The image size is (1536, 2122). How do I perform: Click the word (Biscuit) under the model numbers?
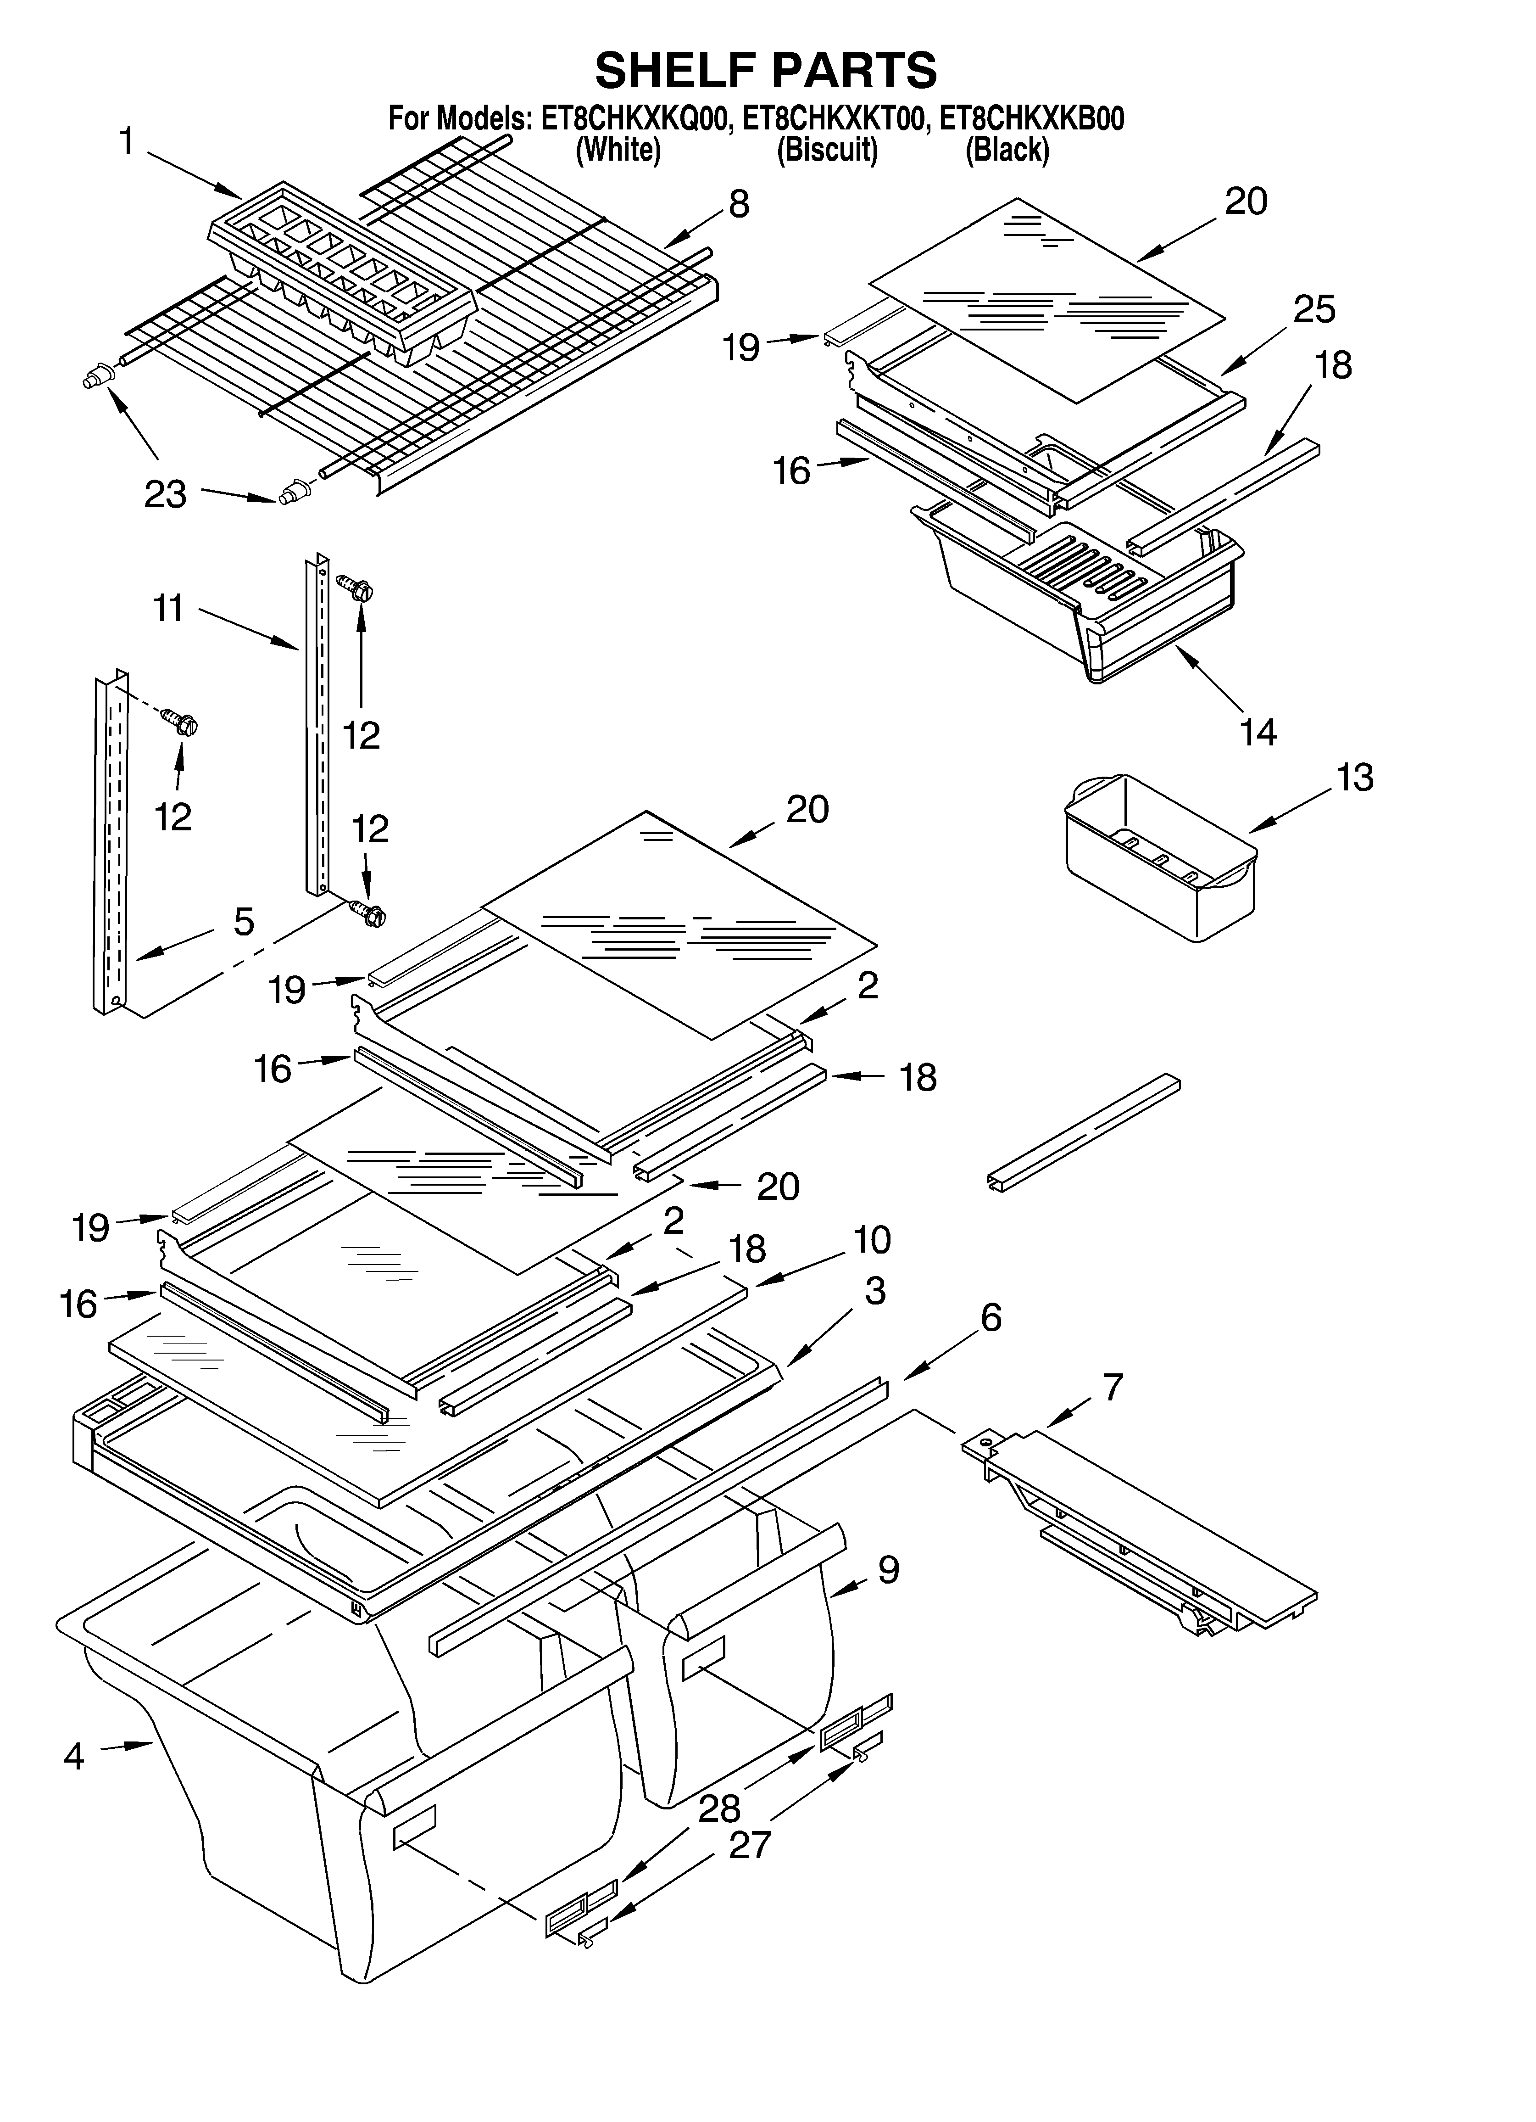827,150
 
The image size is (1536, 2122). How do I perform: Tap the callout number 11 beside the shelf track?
168,609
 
